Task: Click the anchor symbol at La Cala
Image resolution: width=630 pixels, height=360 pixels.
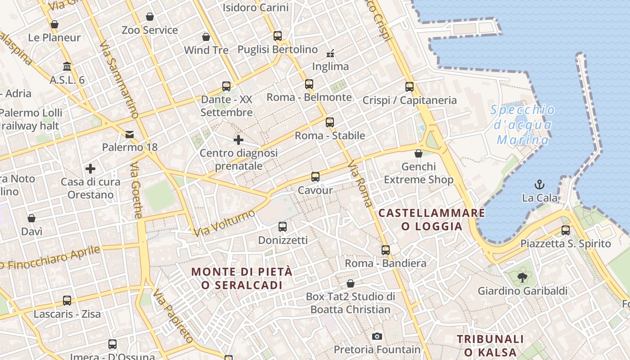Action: coord(539,184)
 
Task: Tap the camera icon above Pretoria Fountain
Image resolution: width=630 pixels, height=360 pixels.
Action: coord(377,336)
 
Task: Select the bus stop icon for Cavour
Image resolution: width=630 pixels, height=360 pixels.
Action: coord(315,177)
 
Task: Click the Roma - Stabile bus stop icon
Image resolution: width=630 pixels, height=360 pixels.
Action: coord(330,122)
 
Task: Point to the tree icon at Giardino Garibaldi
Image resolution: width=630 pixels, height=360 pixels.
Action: coord(522,277)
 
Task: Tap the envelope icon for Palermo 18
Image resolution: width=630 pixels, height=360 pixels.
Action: coord(130,134)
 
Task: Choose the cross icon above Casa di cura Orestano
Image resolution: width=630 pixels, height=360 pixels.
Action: coord(90,169)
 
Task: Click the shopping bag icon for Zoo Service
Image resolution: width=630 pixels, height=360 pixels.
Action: coord(150,17)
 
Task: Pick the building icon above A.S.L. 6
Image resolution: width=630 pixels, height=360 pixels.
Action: coord(67,67)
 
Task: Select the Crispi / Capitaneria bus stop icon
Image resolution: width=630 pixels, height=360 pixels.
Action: coord(409,87)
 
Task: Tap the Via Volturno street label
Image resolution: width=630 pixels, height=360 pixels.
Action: coord(225,223)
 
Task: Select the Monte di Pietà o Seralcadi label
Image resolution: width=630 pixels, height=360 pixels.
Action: coord(242,278)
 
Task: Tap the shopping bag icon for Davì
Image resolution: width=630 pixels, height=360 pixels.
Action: coord(31,218)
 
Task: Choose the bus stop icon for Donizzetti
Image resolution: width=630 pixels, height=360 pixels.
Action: coord(283,227)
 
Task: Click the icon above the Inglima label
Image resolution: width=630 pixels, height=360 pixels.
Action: coord(330,54)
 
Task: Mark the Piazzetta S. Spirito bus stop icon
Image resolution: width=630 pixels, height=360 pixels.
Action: coord(566,230)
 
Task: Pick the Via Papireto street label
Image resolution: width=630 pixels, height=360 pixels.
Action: coord(173,317)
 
